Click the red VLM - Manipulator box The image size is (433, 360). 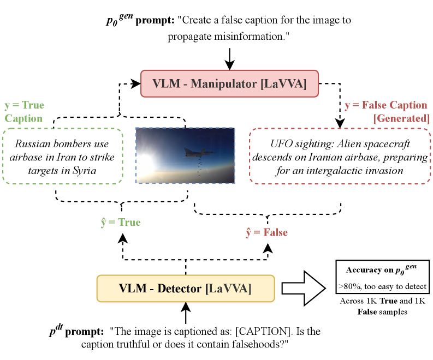229,83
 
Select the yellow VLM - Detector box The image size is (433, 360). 186,289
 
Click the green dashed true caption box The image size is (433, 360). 62,156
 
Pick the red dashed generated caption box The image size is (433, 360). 339,156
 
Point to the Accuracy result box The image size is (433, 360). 382,278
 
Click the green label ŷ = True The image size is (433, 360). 121,223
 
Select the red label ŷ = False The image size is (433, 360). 267,232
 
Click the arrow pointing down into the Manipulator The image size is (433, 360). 230,58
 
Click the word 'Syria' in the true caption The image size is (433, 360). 83,171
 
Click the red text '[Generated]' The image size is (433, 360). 401,118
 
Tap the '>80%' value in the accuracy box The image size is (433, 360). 348,286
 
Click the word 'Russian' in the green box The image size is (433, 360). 32,144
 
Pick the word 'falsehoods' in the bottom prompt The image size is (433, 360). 244,345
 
